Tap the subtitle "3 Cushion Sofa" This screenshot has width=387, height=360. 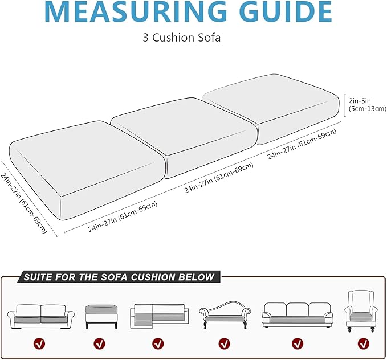tap(182, 38)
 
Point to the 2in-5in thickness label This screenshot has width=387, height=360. tap(367, 105)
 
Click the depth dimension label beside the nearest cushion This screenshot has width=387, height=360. tap(24, 203)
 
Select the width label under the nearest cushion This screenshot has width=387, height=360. tap(123, 217)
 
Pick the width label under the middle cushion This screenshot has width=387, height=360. tap(219, 177)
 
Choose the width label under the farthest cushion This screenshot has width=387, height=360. tap(302, 144)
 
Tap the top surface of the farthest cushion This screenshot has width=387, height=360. tap(270, 99)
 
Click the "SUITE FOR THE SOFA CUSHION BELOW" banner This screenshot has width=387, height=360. tap(119, 277)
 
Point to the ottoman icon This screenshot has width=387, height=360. tap(101, 317)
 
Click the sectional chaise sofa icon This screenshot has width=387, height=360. tap(159, 317)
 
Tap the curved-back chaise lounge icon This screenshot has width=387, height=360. tap(225, 315)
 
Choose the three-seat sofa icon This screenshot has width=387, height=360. tap(298, 315)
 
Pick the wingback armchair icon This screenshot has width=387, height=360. tap(361, 312)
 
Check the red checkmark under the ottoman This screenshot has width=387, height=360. tap(100, 343)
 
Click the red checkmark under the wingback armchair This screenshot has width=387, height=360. tap(364, 343)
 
